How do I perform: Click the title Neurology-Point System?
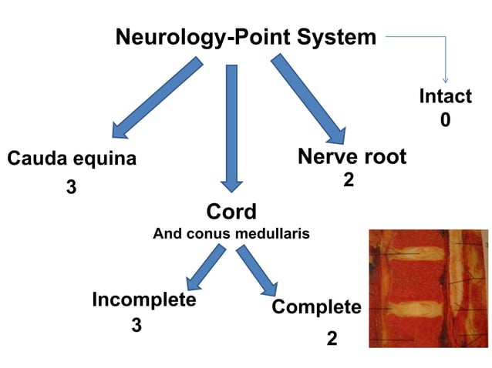click(246, 36)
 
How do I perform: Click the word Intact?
click(445, 96)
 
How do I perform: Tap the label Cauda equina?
click(72, 159)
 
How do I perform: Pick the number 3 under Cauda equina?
click(71, 187)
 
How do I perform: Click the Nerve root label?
click(352, 157)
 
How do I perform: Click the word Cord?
click(231, 211)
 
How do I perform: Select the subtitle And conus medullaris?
click(231, 233)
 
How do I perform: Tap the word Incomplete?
click(144, 299)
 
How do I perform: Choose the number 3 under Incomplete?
click(136, 326)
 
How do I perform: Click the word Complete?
click(316, 307)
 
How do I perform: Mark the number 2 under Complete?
click(332, 339)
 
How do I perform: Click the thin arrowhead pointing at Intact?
click(445, 79)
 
